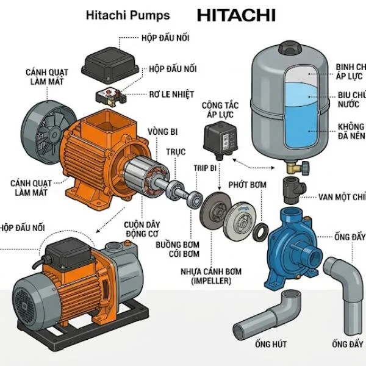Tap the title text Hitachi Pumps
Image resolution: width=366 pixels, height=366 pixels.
coord(128,15)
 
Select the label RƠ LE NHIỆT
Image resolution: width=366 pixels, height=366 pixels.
coord(171,95)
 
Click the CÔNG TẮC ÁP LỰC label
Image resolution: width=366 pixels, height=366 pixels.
coord(219,111)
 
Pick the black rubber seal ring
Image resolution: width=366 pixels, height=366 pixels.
coord(260,231)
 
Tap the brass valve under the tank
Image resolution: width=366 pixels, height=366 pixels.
coord(294,166)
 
